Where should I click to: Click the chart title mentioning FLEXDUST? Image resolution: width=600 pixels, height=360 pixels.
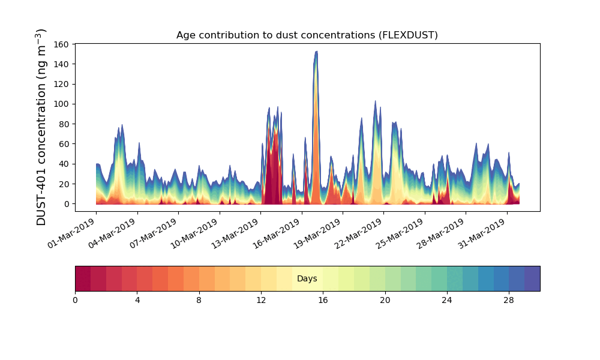[307, 35]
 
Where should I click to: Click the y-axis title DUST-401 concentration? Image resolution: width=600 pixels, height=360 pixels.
[41, 127]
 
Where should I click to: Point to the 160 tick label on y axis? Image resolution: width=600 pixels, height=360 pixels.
[61, 44]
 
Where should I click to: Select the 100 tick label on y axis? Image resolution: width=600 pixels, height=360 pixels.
[61, 104]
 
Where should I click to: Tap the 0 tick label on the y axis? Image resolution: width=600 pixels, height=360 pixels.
[67, 204]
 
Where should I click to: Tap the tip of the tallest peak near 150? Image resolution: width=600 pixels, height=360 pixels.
[316, 51]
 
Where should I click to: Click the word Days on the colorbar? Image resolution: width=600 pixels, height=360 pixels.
[307, 278]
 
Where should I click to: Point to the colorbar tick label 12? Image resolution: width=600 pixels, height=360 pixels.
[261, 301]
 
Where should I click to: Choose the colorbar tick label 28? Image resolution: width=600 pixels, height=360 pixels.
[509, 301]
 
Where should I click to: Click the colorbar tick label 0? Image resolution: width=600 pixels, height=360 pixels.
[76, 301]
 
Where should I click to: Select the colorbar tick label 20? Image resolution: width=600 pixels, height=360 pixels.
[385, 301]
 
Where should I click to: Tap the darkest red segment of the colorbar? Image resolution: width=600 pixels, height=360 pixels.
[83, 278]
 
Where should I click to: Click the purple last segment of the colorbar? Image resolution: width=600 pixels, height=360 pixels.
[532, 278]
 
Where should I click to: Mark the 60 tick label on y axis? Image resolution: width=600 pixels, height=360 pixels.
[64, 144]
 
